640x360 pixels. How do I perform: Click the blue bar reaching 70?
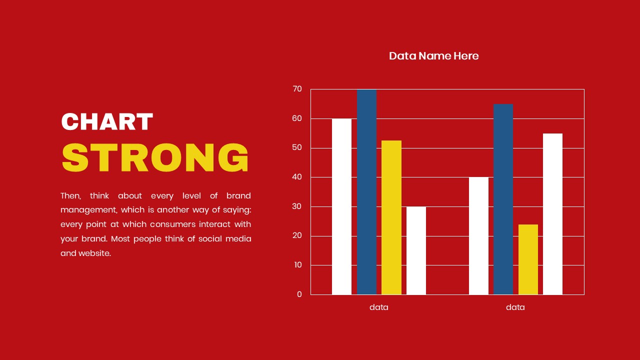tap(366, 192)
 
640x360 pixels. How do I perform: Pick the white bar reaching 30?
tap(416, 250)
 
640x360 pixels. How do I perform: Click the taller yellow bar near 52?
tap(391, 217)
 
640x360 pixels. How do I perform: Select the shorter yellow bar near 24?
tap(528, 259)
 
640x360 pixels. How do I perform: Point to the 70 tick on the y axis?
tap(297, 89)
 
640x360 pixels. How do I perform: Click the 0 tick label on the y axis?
tap(299, 294)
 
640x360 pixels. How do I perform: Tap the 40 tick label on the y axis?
tap(297, 177)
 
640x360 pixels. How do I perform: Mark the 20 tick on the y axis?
tap(297, 236)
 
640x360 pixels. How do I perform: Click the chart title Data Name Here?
tap(433, 56)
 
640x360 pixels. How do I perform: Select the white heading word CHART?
tap(106, 121)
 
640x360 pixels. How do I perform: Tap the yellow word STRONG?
tap(155, 157)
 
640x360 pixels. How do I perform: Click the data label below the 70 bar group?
tap(378, 307)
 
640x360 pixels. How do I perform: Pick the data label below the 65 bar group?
tap(515, 307)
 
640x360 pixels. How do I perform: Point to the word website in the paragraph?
tap(94, 253)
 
